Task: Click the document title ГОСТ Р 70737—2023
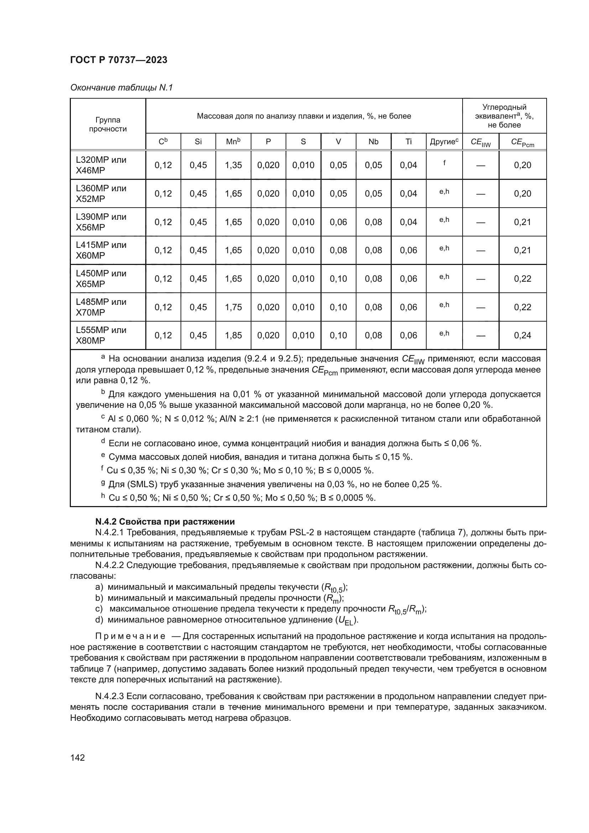[119, 60]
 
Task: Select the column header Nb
[373, 141]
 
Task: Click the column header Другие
[444, 141]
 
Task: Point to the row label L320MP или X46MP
[101, 165]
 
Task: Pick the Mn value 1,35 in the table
[233, 165]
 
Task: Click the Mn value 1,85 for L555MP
[233, 335]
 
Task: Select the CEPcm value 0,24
[522, 335]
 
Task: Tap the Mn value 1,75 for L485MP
[233, 307]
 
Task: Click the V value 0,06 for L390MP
[338, 222]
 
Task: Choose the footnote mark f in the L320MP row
[444, 163]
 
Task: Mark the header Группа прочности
[108, 124]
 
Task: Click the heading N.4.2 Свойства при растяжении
[165, 522]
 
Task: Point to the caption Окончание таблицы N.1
[121, 88]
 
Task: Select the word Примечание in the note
[130, 636]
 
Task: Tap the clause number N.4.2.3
[110, 696]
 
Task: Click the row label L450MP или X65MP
[101, 278]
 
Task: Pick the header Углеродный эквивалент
[504, 112]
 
